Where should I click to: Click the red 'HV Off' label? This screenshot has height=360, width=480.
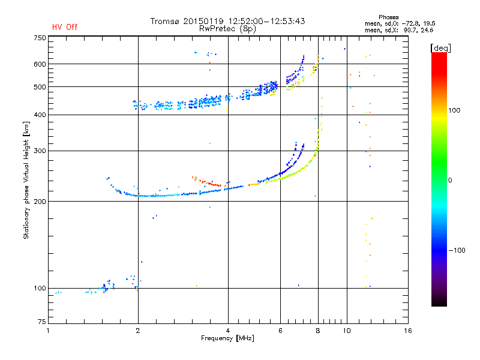[x=65, y=27]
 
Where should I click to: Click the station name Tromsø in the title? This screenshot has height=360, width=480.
[x=165, y=21]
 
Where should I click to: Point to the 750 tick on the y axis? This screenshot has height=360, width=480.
[x=40, y=38]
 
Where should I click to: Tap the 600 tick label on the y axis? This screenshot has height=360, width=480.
[x=40, y=64]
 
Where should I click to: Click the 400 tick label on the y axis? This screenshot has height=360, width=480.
[x=40, y=115]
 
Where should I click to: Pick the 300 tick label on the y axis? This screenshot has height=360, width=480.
[x=40, y=151]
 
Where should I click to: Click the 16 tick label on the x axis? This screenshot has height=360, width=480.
[x=408, y=331]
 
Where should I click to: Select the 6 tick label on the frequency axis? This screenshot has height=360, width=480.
[x=280, y=331]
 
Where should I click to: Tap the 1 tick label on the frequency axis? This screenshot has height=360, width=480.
[x=48, y=331]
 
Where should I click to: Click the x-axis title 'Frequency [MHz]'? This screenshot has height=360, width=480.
[x=227, y=339]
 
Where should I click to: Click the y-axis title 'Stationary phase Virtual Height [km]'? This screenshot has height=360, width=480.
[x=26, y=180]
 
